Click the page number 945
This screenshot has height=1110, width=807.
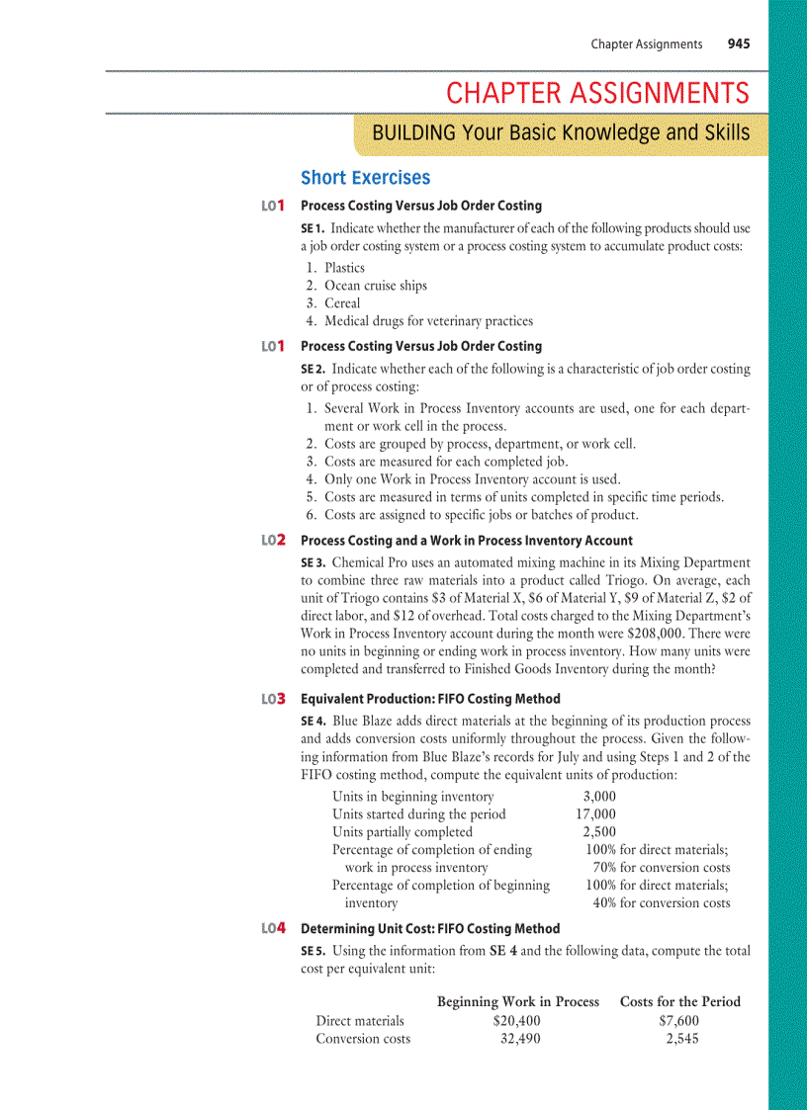(738, 43)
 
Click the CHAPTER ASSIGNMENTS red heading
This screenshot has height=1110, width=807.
(597, 94)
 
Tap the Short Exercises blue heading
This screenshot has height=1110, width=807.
(365, 178)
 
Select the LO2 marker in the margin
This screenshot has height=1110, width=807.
(274, 541)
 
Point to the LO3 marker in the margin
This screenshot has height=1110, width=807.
(274, 699)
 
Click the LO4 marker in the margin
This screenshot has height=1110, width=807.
(274, 929)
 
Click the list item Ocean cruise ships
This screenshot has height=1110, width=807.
(376, 286)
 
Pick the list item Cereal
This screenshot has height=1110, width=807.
(342, 303)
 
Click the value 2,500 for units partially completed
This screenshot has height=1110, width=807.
(599, 832)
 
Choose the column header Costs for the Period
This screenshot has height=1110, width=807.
(679, 1001)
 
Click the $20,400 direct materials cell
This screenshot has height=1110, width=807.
(516, 1021)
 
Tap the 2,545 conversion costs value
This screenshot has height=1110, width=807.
(682, 1039)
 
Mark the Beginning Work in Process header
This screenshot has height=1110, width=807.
(518, 1001)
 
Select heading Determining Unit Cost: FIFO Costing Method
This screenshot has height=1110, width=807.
(430, 929)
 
